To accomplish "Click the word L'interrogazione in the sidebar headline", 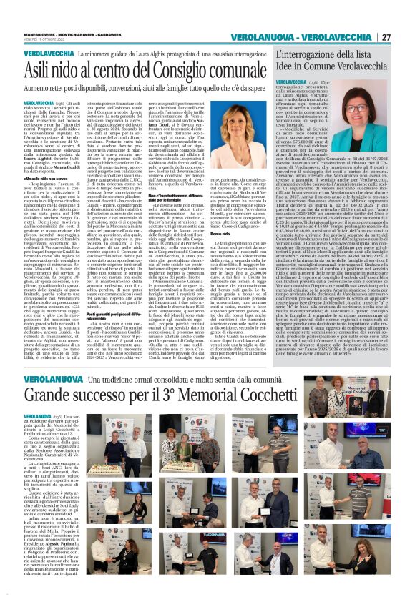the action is [309, 56].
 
